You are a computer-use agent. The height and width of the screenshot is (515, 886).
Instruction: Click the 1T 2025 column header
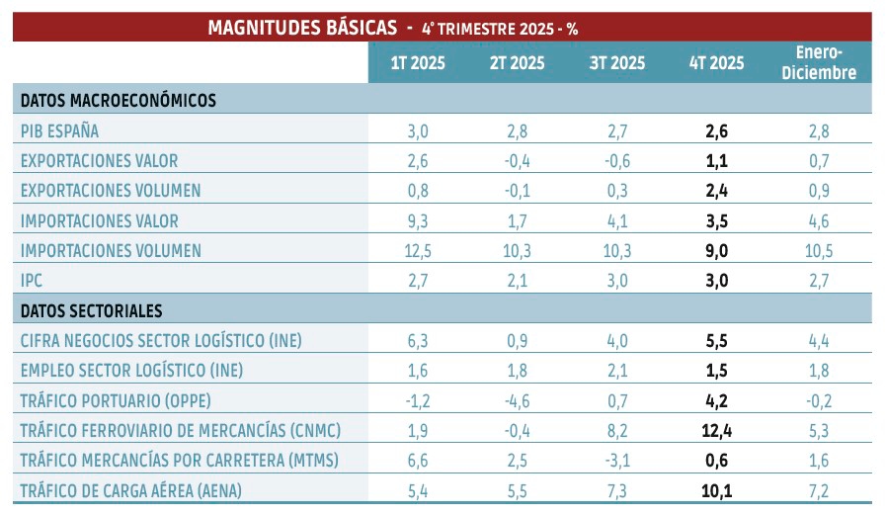pyautogui.click(x=417, y=64)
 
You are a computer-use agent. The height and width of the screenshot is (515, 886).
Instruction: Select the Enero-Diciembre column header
pyautogui.click(x=819, y=63)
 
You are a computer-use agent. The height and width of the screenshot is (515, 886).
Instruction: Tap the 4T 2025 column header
pyautogui.click(x=717, y=64)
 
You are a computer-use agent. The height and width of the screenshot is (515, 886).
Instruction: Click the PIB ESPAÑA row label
pyautogui.click(x=60, y=130)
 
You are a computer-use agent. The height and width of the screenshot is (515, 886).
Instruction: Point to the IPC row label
pyautogui.click(x=32, y=281)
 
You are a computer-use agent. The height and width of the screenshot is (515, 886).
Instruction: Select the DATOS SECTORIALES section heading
pyautogui.click(x=91, y=311)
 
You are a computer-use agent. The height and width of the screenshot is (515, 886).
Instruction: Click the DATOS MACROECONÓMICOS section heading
pyautogui.click(x=118, y=100)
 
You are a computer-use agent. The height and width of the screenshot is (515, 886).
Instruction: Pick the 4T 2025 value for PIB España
pyautogui.click(x=717, y=130)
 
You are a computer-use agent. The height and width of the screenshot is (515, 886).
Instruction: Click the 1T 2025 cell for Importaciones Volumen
pyautogui.click(x=417, y=251)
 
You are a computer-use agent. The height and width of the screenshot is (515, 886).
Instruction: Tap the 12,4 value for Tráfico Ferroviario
pyautogui.click(x=717, y=431)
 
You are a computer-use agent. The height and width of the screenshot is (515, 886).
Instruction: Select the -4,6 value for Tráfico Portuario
pyautogui.click(x=517, y=401)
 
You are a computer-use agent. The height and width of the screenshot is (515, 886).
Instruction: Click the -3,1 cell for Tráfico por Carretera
pyautogui.click(x=616, y=462)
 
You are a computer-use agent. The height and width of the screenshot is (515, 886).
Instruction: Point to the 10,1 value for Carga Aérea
pyautogui.click(x=717, y=491)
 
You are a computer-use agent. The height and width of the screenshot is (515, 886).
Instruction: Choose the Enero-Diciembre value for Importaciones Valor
pyautogui.click(x=819, y=220)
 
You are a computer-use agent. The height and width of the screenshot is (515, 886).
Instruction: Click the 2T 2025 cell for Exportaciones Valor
pyautogui.click(x=517, y=160)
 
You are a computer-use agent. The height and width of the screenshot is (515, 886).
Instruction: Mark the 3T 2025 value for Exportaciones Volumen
pyautogui.click(x=616, y=191)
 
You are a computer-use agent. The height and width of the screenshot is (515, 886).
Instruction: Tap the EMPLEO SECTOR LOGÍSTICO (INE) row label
pyautogui.click(x=131, y=371)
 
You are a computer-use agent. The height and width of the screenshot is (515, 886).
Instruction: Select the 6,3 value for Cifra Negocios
pyautogui.click(x=417, y=341)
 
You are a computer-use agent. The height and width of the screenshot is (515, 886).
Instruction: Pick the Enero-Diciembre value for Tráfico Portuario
pyautogui.click(x=819, y=401)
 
